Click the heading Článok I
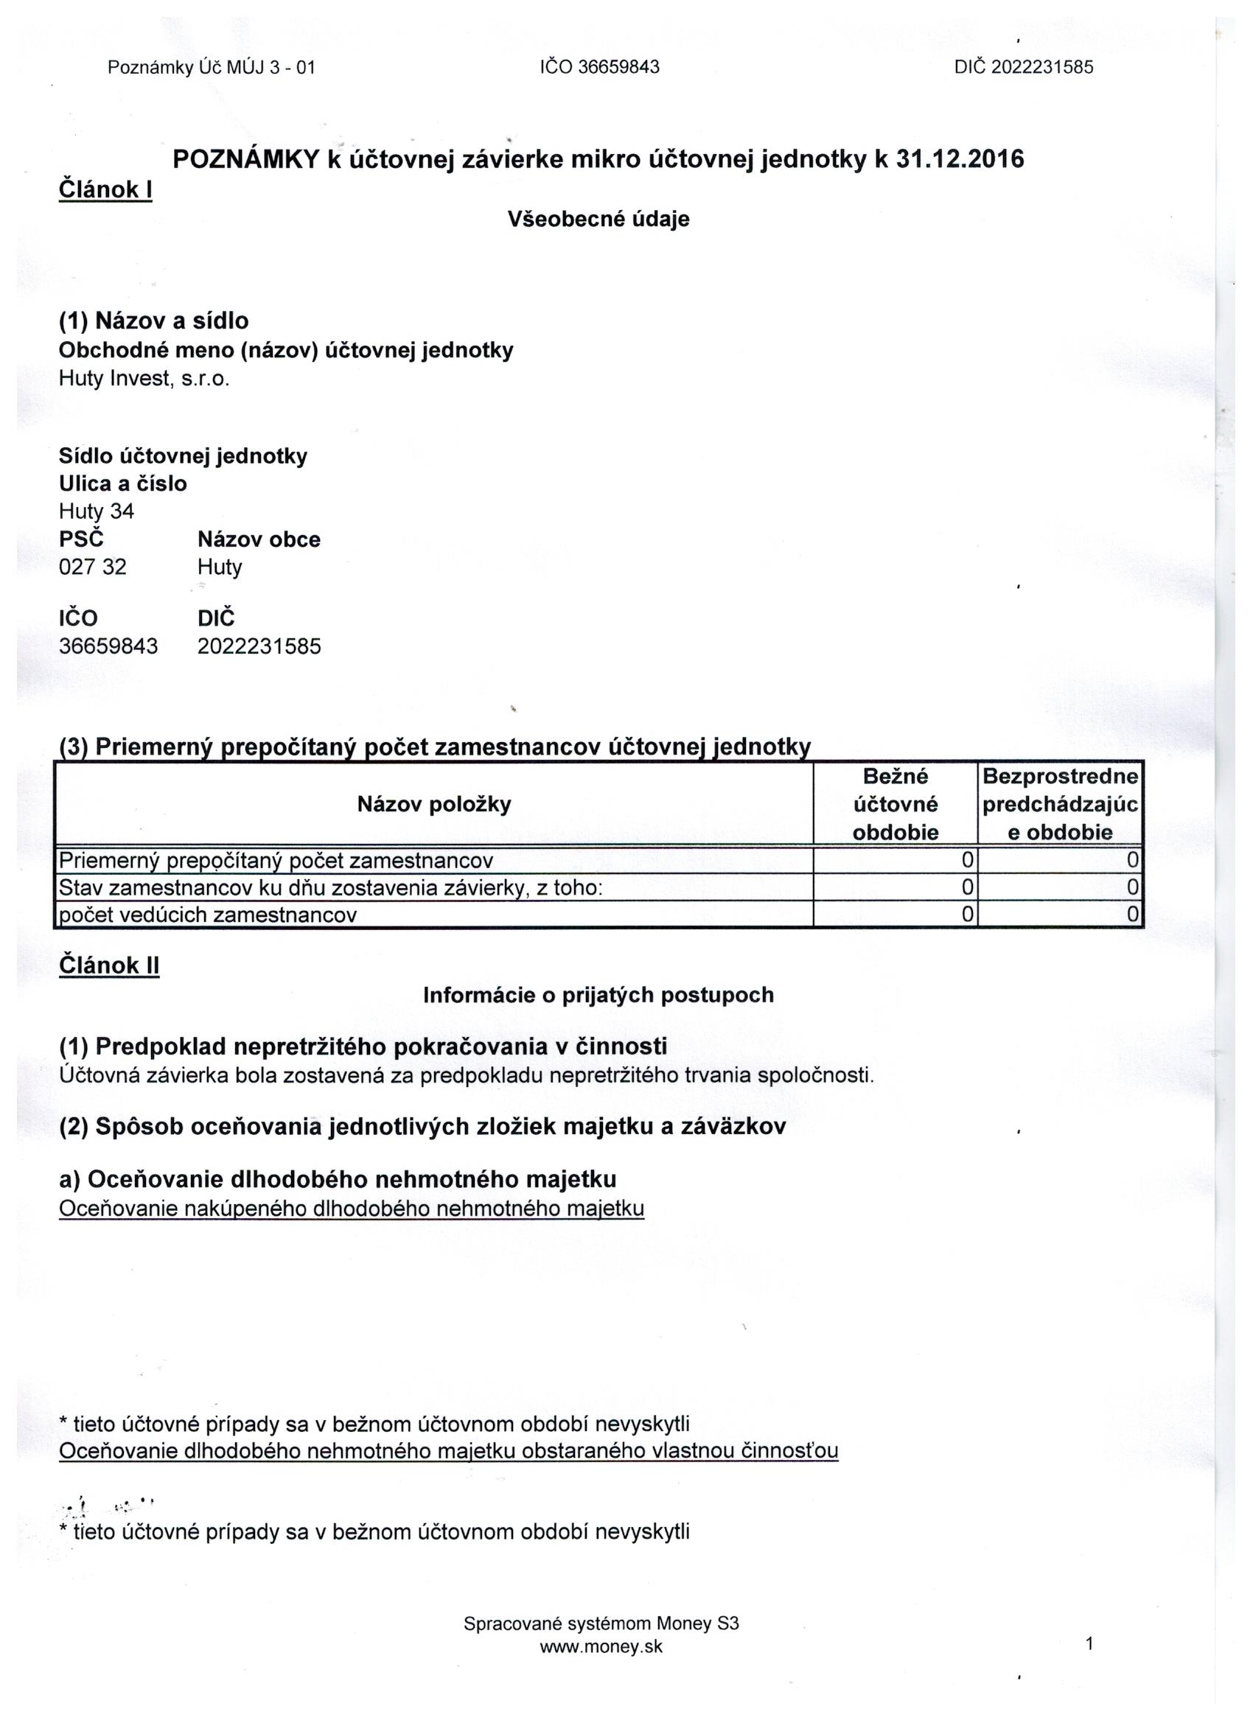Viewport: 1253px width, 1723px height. pos(105,189)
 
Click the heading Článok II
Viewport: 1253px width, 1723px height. pos(108,965)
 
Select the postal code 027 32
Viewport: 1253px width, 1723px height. pos(93,567)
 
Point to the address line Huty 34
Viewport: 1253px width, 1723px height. pos(97,511)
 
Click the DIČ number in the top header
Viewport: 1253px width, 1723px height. pos(1024,68)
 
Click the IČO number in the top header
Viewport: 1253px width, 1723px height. pos(599,68)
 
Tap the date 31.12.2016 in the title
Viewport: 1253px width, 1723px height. pos(960,159)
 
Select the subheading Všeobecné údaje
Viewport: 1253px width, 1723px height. pos(598,220)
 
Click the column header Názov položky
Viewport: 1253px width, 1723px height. pos(434,804)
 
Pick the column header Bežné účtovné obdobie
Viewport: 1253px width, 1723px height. pos(895,804)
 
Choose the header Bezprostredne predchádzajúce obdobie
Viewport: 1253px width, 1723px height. pos(1060,804)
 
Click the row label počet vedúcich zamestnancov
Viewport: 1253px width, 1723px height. pos(208,915)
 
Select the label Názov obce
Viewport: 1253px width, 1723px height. pos(259,539)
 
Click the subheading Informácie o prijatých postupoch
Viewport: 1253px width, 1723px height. pos(598,995)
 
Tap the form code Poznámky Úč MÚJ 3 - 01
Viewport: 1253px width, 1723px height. pos(212,68)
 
